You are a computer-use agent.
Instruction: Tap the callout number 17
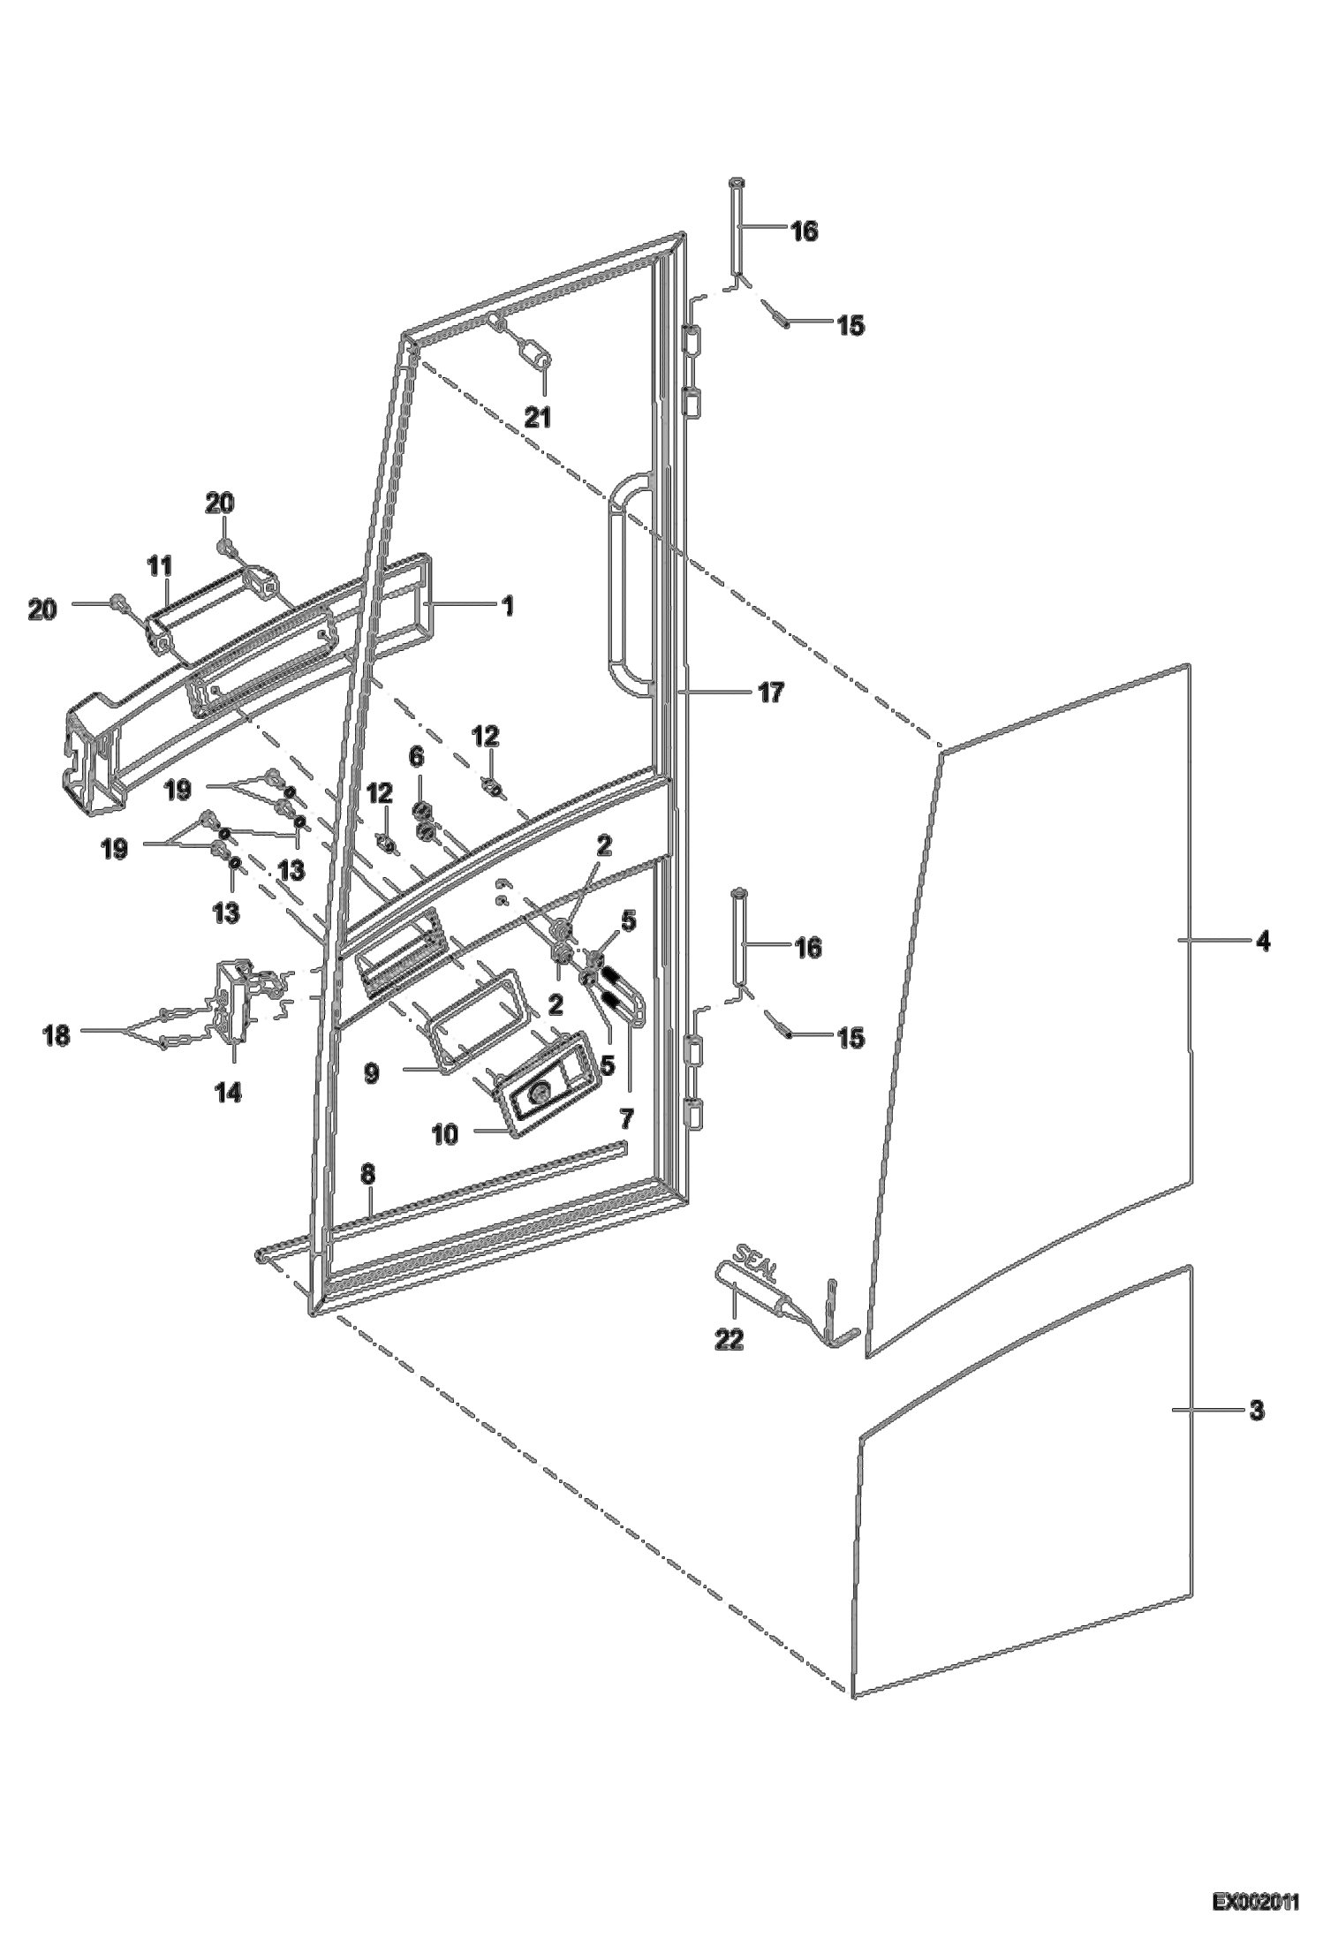click(771, 693)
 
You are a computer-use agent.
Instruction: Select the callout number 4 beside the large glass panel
click(1263, 943)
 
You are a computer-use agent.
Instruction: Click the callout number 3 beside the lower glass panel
click(1257, 1411)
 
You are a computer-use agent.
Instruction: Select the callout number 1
click(507, 606)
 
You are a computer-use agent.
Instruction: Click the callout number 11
click(160, 565)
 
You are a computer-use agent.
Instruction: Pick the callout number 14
click(227, 1093)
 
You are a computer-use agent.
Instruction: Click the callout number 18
click(57, 1035)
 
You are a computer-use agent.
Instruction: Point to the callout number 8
click(367, 1174)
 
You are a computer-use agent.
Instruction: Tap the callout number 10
click(445, 1134)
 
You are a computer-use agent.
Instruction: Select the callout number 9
click(372, 1073)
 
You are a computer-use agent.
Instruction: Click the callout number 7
click(626, 1119)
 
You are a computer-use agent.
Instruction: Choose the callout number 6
click(416, 758)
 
